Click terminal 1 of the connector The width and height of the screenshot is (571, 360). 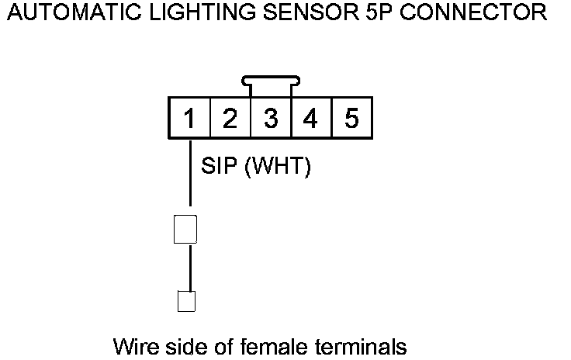(189, 119)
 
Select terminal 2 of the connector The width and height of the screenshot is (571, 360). (230, 119)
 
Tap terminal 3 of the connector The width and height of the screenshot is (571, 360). (271, 119)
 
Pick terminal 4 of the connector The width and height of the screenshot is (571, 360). (311, 119)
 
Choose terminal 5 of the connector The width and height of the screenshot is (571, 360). (351, 119)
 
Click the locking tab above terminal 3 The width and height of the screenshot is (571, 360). (271, 79)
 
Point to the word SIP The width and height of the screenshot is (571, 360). (219, 167)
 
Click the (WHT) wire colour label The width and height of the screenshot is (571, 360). (278, 167)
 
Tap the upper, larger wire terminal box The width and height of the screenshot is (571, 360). (185, 228)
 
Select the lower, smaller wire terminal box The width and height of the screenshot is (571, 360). (186, 300)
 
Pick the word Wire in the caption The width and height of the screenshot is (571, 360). (132, 344)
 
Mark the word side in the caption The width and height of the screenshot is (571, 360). (176, 344)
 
